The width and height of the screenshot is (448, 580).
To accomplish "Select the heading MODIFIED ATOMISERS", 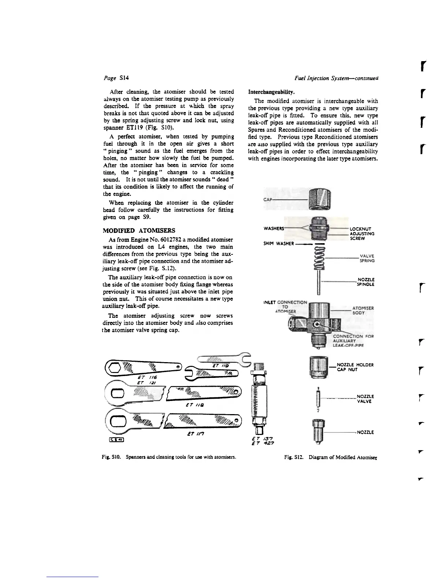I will click(139, 230).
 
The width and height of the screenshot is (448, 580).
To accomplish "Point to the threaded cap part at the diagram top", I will click(320, 198).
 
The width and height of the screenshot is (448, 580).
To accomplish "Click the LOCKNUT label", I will click(362, 229).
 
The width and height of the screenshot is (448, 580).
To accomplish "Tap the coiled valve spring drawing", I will click(320, 259).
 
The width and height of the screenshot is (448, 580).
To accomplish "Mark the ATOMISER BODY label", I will click(363, 311).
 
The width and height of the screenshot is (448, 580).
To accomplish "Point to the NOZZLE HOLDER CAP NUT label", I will click(355, 367).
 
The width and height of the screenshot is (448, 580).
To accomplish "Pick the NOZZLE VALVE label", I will click(365, 398).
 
